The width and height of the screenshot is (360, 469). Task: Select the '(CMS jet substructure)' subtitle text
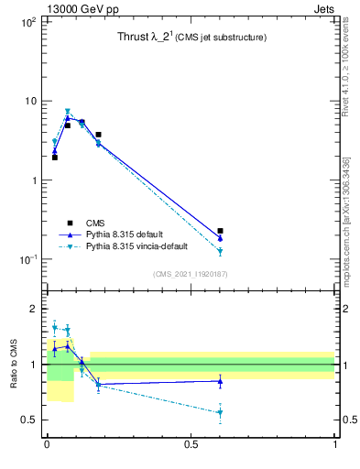223,38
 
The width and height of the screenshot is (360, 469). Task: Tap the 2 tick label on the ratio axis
34,309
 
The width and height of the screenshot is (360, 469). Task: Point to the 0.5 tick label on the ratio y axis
29,420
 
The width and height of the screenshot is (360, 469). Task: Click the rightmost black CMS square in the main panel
220,231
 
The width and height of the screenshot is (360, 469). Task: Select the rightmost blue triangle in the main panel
220,238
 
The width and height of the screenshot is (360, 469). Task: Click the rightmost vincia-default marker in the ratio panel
220,412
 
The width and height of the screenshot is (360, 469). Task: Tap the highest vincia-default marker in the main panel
68,112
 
